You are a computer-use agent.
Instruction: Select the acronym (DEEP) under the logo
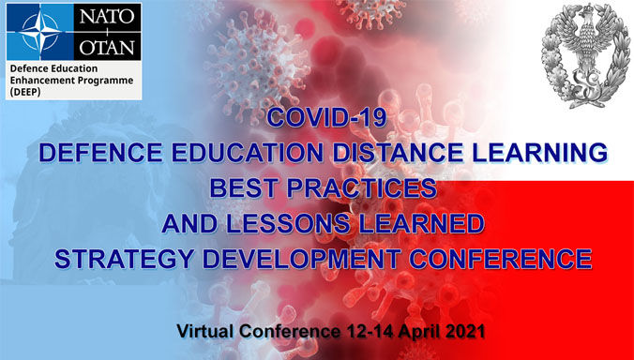[26, 94]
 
